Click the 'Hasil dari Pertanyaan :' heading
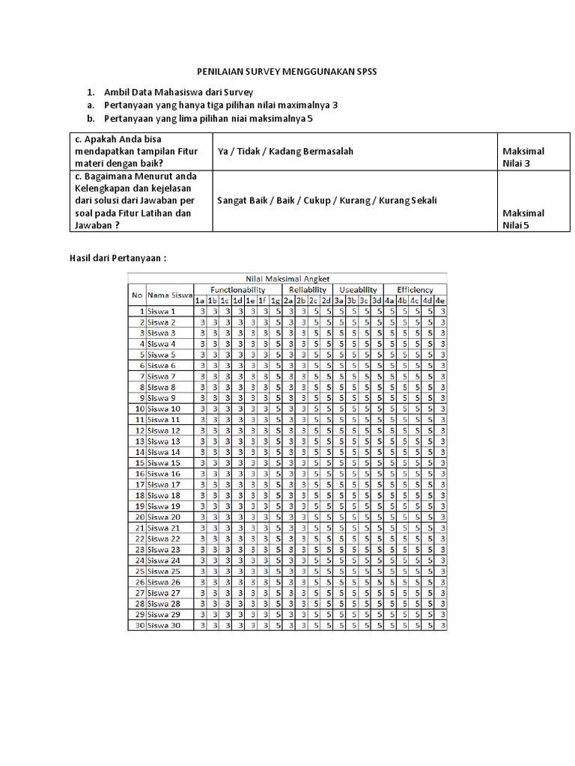pyautogui.click(x=117, y=257)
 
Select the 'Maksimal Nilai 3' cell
pyautogui.click(x=523, y=157)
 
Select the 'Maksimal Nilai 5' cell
pyautogui.click(x=523, y=218)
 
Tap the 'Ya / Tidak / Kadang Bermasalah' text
pyautogui.click(x=285, y=151)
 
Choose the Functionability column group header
pyautogui.click(x=237, y=289)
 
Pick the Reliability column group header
pyautogui.click(x=307, y=289)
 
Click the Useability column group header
pyautogui.click(x=358, y=289)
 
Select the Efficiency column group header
pyautogui.click(x=416, y=289)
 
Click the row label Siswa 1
pyautogui.click(x=162, y=311)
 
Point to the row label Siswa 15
pyautogui.click(x=164, y=463)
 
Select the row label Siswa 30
pyautogui.click(x=164, y=625)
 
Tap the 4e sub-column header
pyautogui.click(x=442, y=300)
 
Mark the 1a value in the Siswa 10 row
pyautogui.click(x=200, y=409)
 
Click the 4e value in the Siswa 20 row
pyautogui.click(x=442, y=517)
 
